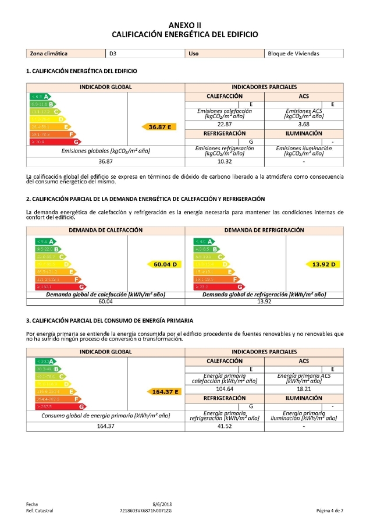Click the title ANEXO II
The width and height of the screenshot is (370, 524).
click(x=184, y=25)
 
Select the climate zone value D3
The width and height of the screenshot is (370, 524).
click(x=113, y=54)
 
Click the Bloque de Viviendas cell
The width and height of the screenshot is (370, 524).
click(x=293, y=54)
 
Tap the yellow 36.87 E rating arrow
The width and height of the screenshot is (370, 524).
click(x=162, y=126)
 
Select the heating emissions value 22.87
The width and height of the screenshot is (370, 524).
click(x=225, y=124)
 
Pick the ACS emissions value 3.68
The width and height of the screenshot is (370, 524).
click(x=303, y=124)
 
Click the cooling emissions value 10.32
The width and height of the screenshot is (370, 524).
click(x=225, y=161)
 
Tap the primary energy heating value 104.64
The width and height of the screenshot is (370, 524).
click(x=225, y=389)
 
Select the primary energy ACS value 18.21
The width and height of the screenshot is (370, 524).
click(x=303, y=389)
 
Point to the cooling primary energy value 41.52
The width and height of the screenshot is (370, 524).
click(x=225, y=426)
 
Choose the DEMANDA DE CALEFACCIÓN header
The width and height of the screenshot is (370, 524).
click(x=105, y=230)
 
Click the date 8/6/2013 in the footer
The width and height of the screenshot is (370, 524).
click(x=162, y=503)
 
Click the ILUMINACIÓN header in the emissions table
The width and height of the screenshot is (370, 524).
click(x=303, y=133)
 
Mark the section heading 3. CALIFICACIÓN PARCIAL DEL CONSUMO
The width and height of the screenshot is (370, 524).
click(x=109, y=321)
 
